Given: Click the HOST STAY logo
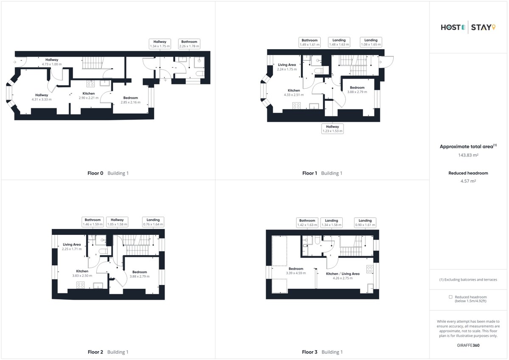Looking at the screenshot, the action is tap(468, 27).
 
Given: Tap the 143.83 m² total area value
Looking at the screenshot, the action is tap(468, 155).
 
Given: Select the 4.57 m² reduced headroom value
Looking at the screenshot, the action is tap(468, 181).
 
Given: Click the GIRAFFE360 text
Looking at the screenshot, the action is tap(468, 345).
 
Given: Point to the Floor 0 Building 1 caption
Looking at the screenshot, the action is tap(108, 173).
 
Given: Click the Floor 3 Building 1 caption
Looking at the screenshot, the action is tap(322, 352).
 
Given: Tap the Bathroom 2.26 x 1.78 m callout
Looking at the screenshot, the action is tap(189, 44).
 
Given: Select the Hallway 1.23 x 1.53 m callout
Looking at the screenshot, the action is tap(333, 129).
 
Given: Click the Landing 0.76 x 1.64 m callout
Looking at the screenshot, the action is tap(153, 222).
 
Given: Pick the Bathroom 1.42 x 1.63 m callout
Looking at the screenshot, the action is tap(307, 223).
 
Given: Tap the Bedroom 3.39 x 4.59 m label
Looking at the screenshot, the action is tap(296, 271).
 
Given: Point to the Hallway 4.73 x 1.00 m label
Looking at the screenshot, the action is tap(52, 62).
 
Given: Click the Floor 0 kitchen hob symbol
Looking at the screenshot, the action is tap(90, 84).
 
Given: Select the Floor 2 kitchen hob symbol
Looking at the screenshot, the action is tap(81, 285).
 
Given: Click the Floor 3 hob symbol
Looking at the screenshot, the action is tap(370, 269).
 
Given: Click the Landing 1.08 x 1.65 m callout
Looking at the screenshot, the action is tap(371, 42).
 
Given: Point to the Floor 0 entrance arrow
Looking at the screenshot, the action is tap(15, 62).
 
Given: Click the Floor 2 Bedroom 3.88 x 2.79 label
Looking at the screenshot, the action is tap(140, 274).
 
